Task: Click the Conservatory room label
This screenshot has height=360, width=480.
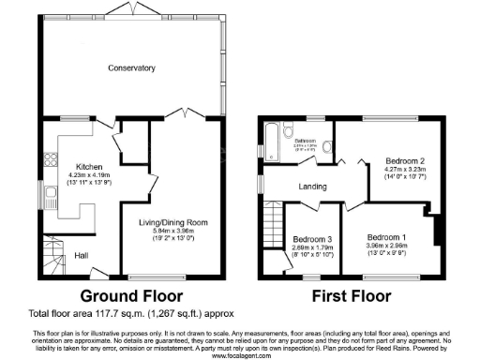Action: coord(130,68)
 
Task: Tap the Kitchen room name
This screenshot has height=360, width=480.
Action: coord(90,166)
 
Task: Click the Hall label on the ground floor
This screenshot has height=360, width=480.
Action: coord(82,253)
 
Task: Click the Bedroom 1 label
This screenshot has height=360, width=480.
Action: coord(386,236)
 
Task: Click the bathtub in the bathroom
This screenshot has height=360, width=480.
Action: coord(273,142)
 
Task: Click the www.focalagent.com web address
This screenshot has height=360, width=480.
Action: coord(240,355)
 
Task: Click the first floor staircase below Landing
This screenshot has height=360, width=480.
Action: coord(273,226)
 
